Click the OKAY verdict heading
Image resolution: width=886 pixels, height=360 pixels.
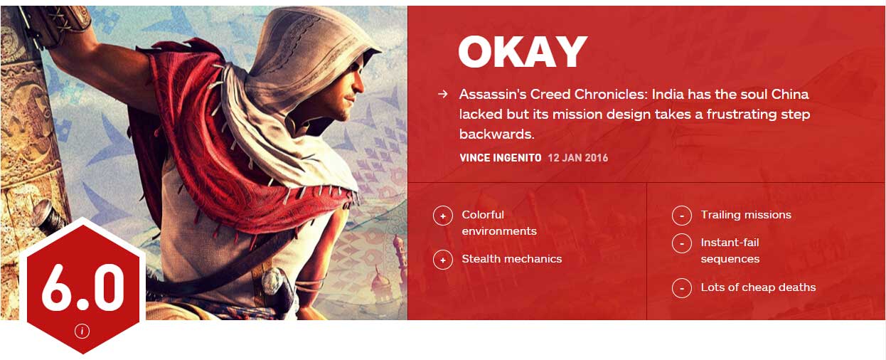(523, 52)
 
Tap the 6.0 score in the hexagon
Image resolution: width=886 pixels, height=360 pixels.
(82, 287)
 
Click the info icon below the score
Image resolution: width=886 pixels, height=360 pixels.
(82, 331)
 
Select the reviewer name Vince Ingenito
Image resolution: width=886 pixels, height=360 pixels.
(501, 158)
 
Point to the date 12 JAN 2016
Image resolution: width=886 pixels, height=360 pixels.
(578, 158)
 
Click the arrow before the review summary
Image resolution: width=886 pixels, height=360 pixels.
(443, 94)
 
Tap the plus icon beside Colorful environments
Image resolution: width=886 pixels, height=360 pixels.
(443, 216)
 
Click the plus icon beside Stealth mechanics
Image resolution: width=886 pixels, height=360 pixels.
(443, 260)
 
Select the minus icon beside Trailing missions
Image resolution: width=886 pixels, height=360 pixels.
(682, 216)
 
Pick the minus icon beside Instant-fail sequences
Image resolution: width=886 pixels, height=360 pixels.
(682, 243)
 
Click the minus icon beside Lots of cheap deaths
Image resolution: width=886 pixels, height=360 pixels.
(682, 288)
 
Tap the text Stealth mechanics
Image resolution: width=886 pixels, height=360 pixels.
(512, 259)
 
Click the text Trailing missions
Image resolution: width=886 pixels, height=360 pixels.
(746, 215)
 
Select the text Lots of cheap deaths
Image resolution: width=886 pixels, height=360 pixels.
(758, 287)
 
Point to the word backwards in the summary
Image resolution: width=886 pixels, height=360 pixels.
(497, 134)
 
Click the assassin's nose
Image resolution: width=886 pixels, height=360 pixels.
(360, 85)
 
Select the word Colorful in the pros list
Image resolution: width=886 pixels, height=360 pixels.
(483, 214)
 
